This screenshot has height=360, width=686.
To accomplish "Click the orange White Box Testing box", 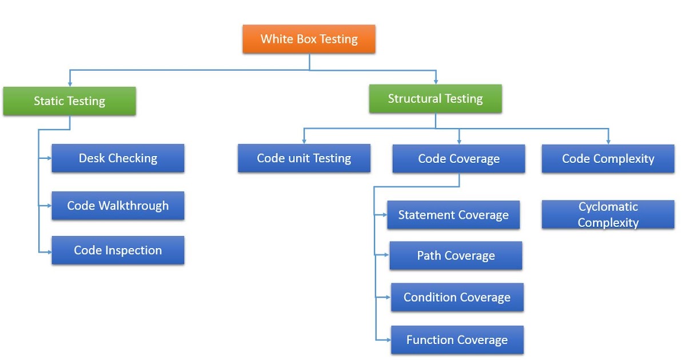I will point(309,39).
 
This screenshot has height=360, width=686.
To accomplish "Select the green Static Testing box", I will point(69,101).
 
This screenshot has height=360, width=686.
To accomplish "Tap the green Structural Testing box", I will point(435,99).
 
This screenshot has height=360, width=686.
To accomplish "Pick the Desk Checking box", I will point(118,158).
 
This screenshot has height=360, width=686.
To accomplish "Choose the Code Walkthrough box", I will point(118,206).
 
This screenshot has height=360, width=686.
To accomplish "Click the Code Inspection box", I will point(118,250).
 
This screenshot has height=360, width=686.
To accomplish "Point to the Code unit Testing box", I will point(304,158).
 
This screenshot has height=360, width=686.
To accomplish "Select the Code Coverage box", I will point(458,159).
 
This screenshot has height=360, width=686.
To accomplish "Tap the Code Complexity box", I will point(608,159).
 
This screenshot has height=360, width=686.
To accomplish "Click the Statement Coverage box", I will point(453,215).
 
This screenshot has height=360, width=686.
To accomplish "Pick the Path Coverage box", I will point(456,255).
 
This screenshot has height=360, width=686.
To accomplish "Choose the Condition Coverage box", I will point(457,297).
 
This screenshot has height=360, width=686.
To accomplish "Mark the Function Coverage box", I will point(457,340).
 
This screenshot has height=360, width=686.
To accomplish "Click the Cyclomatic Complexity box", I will point(608,215).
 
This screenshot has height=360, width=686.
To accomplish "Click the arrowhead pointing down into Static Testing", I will point(70,83).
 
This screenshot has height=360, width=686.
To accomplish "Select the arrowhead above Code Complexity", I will point(608,141).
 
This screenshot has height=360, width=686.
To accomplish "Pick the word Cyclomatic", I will point(608,207).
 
